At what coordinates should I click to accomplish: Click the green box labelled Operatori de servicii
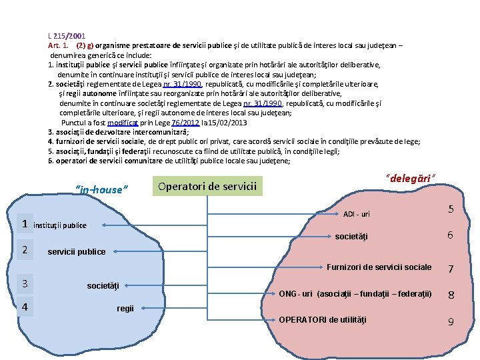click(207, 186)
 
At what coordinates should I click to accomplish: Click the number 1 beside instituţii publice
click(25, 224)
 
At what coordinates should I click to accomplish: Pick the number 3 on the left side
click(25, 284)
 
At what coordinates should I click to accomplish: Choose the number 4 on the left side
click(25, 308)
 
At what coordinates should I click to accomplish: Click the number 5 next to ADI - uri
click(451, 209)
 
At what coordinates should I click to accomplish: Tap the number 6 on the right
click(451, 235)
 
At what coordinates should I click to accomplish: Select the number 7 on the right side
click(451, 269)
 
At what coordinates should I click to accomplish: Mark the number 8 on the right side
click(451, 295)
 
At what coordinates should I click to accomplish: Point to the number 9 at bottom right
click(451, 321)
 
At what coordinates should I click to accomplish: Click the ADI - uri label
click(356, 214)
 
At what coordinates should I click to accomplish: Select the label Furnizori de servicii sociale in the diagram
click(379, 267)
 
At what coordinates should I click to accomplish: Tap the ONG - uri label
click(355, 294)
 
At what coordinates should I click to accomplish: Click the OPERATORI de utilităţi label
click(322, 320)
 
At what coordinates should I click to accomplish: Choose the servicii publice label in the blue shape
click(77, 252)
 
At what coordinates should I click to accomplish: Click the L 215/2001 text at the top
click(67, 35)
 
